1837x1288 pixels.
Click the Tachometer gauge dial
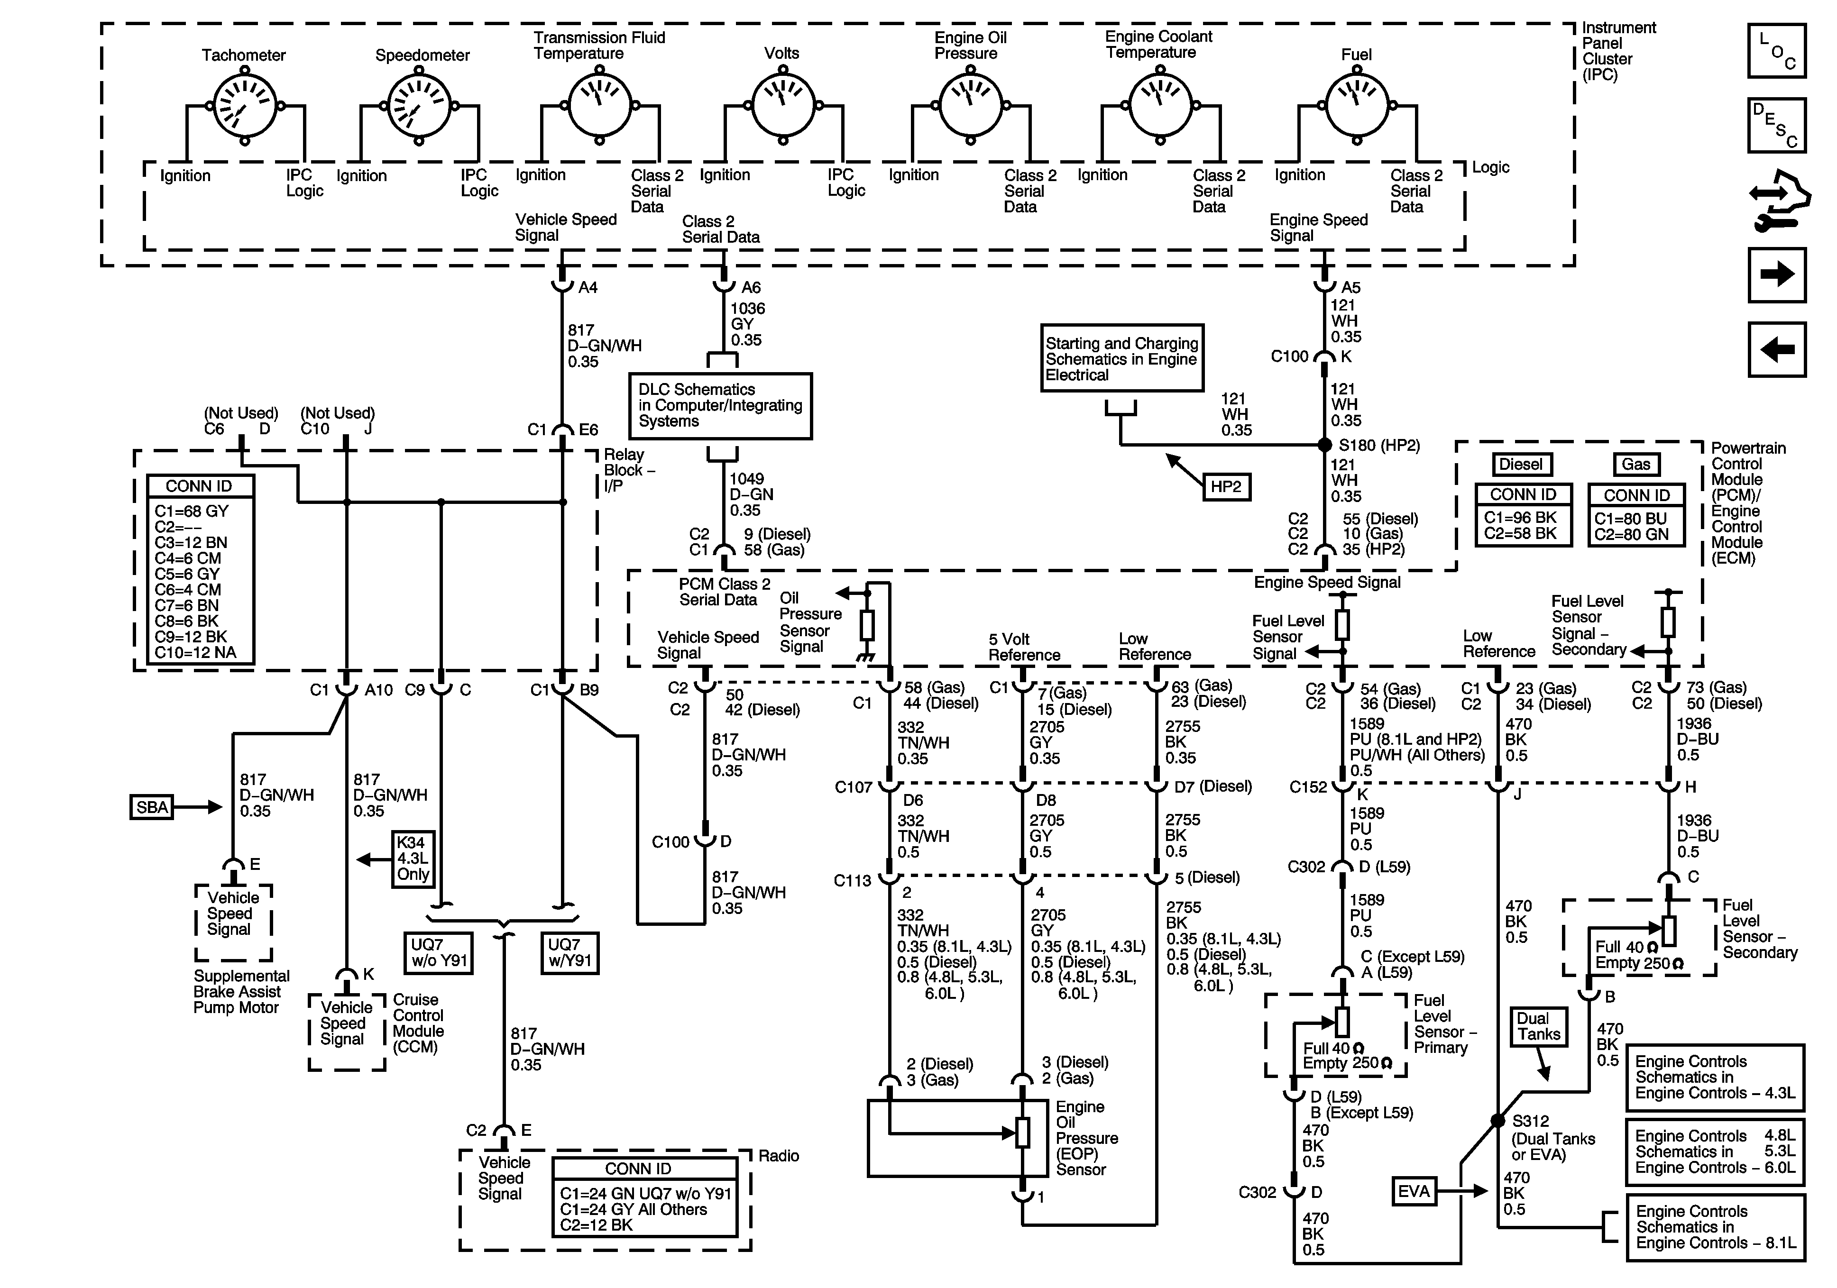click(245, 106)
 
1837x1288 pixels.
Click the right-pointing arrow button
click(1777, 274)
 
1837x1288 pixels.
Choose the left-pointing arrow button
click(1777, 349)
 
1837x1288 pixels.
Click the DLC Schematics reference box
click(720, 406)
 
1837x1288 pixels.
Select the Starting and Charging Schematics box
click(1122, 357)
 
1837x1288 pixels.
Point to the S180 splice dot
click(1325, 445)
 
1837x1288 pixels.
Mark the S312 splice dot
click(1498, 1121)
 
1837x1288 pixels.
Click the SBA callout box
click(152, 807)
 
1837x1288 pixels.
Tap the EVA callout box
click(1414, 1191)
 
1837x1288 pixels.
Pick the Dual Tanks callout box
click(1538, 1026)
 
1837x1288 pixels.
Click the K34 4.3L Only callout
click(413, 859)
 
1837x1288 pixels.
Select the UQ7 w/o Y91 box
click(439, 953)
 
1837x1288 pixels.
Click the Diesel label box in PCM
click(1521, 465)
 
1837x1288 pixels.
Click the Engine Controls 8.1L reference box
click(1716, 1227)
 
